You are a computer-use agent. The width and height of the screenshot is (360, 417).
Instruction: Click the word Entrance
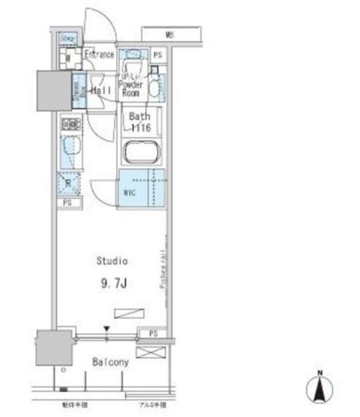pos(101,55)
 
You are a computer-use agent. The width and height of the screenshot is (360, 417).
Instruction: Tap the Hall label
pos(101,91)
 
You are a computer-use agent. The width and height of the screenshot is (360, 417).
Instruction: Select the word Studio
pos(112,261)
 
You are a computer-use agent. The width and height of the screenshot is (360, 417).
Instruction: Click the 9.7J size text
pos(111,283)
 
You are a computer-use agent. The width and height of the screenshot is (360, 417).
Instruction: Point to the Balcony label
pos(109,362)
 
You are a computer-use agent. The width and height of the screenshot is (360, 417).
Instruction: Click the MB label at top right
pos(169,34)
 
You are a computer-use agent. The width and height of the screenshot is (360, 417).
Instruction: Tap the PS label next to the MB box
pos(157,55)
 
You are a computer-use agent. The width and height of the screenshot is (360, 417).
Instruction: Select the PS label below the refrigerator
pos(68,203)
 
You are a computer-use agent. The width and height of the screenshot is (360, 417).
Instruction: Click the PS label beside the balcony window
pos(153,333)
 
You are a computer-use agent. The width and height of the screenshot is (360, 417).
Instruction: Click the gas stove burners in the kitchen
pos(70,123)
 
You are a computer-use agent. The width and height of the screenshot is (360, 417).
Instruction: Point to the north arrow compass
pos(318,389)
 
